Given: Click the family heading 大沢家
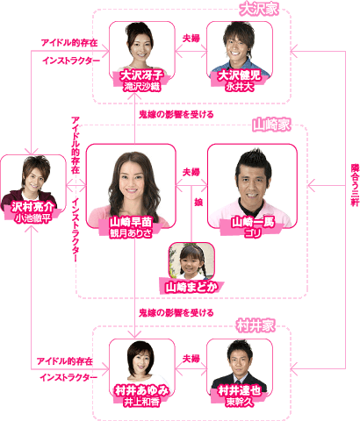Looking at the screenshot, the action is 259,10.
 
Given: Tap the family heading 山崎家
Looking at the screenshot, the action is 271,125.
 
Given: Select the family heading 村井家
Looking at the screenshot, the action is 256,325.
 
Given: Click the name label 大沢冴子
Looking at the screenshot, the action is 141,75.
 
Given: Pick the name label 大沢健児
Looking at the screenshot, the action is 239,75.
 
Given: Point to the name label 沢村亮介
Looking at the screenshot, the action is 32,207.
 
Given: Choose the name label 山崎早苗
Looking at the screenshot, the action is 131,222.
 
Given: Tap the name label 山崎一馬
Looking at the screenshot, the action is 253,222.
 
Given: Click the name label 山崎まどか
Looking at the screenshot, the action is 191,287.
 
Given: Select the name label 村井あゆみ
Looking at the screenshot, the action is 141,391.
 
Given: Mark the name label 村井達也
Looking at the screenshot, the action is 239,391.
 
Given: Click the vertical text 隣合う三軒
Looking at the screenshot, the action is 355,185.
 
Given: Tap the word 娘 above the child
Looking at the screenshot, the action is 198,202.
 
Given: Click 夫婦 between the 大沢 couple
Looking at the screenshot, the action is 191,39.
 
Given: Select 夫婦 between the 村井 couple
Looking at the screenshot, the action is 191,359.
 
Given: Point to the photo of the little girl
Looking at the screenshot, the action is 191,260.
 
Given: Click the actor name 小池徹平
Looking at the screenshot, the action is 32,218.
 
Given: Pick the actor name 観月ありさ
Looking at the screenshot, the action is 131,233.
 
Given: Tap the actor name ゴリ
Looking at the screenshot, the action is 253,233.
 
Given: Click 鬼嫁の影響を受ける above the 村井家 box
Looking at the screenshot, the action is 176,313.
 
